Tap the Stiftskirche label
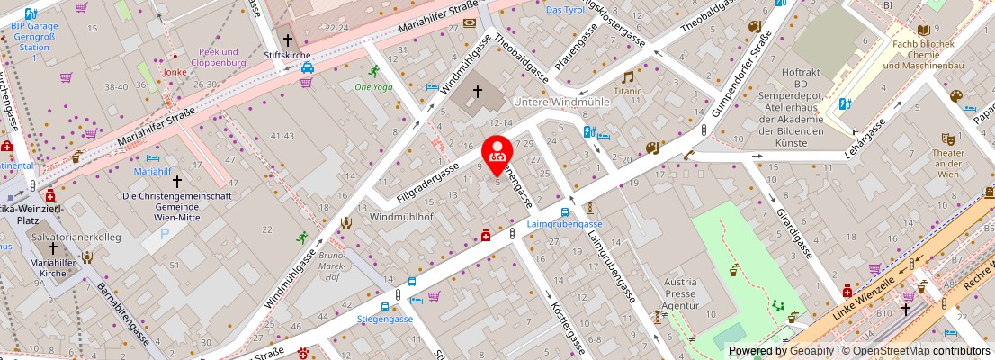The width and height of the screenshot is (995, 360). coord(288,55)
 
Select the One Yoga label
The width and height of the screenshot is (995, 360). coord(373,87)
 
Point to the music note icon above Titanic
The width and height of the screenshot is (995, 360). coord(627,77)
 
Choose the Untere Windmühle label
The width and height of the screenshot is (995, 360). coord(560,102)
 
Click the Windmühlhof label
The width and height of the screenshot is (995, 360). coord(401,218)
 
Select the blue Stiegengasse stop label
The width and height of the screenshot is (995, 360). coord(385,319)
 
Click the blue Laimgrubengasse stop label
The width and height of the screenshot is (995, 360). coord(566,224)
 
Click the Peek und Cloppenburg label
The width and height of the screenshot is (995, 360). coord(219,58)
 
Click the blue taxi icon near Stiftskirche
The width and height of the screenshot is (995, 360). coord(307,67)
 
